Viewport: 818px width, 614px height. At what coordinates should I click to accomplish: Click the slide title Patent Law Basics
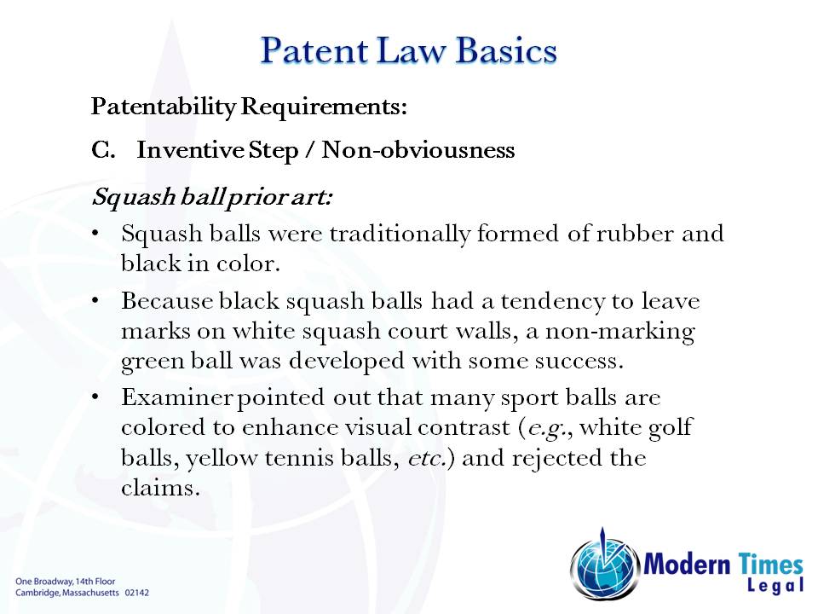408,50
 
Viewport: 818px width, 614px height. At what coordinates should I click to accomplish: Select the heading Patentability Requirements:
249,107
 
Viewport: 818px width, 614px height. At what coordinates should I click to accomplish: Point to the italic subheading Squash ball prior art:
212,197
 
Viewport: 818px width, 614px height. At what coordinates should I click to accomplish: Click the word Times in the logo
770,563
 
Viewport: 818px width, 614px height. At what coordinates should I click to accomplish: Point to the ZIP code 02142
137,591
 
